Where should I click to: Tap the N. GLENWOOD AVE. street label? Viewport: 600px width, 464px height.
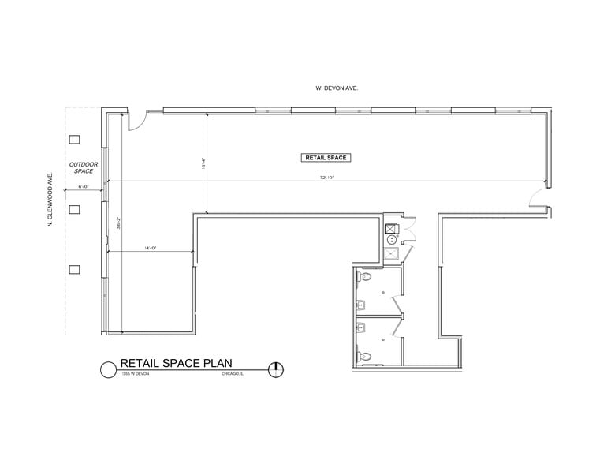point(49,200)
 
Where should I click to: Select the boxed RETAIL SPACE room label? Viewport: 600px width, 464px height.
point(326,158)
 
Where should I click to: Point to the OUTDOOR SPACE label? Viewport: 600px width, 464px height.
point(84,167)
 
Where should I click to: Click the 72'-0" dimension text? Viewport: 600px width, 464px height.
point(327,178)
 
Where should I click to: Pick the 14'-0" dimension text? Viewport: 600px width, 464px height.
point(151,249)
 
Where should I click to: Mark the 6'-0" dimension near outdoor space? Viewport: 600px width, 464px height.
point(84,186)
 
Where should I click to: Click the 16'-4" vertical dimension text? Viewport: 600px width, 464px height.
point(203,166)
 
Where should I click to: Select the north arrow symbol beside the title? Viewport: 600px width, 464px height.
point(276,369)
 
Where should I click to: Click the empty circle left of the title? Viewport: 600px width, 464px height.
point(109,369)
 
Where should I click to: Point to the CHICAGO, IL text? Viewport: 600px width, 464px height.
point(233,373)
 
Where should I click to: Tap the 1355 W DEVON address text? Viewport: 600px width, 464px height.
point(134,373)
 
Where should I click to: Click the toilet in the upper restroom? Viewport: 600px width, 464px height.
point(365,279)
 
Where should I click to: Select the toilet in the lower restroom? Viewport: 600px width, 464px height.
point(365,356)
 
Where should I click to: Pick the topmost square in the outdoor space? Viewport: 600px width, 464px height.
point(75,140)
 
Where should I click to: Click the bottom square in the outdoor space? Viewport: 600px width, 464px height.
point(75,269)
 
